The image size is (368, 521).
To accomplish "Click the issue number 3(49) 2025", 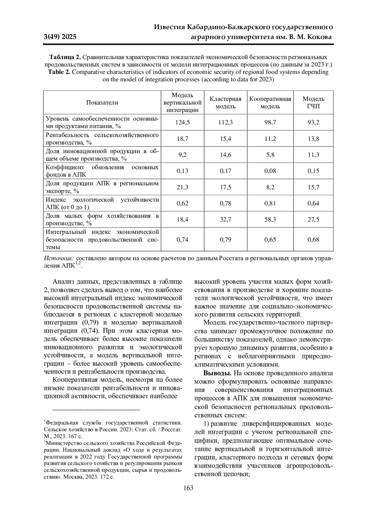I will tap(60, 37).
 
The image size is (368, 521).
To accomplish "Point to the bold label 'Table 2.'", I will tap(59, 72).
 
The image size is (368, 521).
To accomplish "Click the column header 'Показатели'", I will tap(102, 103).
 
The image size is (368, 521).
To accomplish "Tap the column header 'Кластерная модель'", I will tap(225, 103).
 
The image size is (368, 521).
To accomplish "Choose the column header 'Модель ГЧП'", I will tap(313, 103).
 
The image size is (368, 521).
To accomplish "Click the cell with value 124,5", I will tap(182, 122).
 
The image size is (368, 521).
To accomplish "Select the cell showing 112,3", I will tap(225, 122).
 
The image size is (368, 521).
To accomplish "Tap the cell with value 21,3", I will tap(182, 187).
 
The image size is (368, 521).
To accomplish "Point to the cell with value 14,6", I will tap(225, 155).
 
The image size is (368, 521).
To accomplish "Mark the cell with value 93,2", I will tap(313, 122).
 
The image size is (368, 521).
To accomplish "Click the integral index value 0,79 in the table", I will tap(225, 239).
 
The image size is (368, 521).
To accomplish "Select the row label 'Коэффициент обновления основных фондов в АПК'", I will tap(102, 171).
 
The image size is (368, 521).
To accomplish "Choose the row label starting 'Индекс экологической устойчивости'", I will tap(102, 203).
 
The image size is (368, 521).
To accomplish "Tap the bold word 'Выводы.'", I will tap(217, 373).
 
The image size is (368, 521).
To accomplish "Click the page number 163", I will tap(188, 488).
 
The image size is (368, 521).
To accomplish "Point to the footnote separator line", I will tap(96, 410).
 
